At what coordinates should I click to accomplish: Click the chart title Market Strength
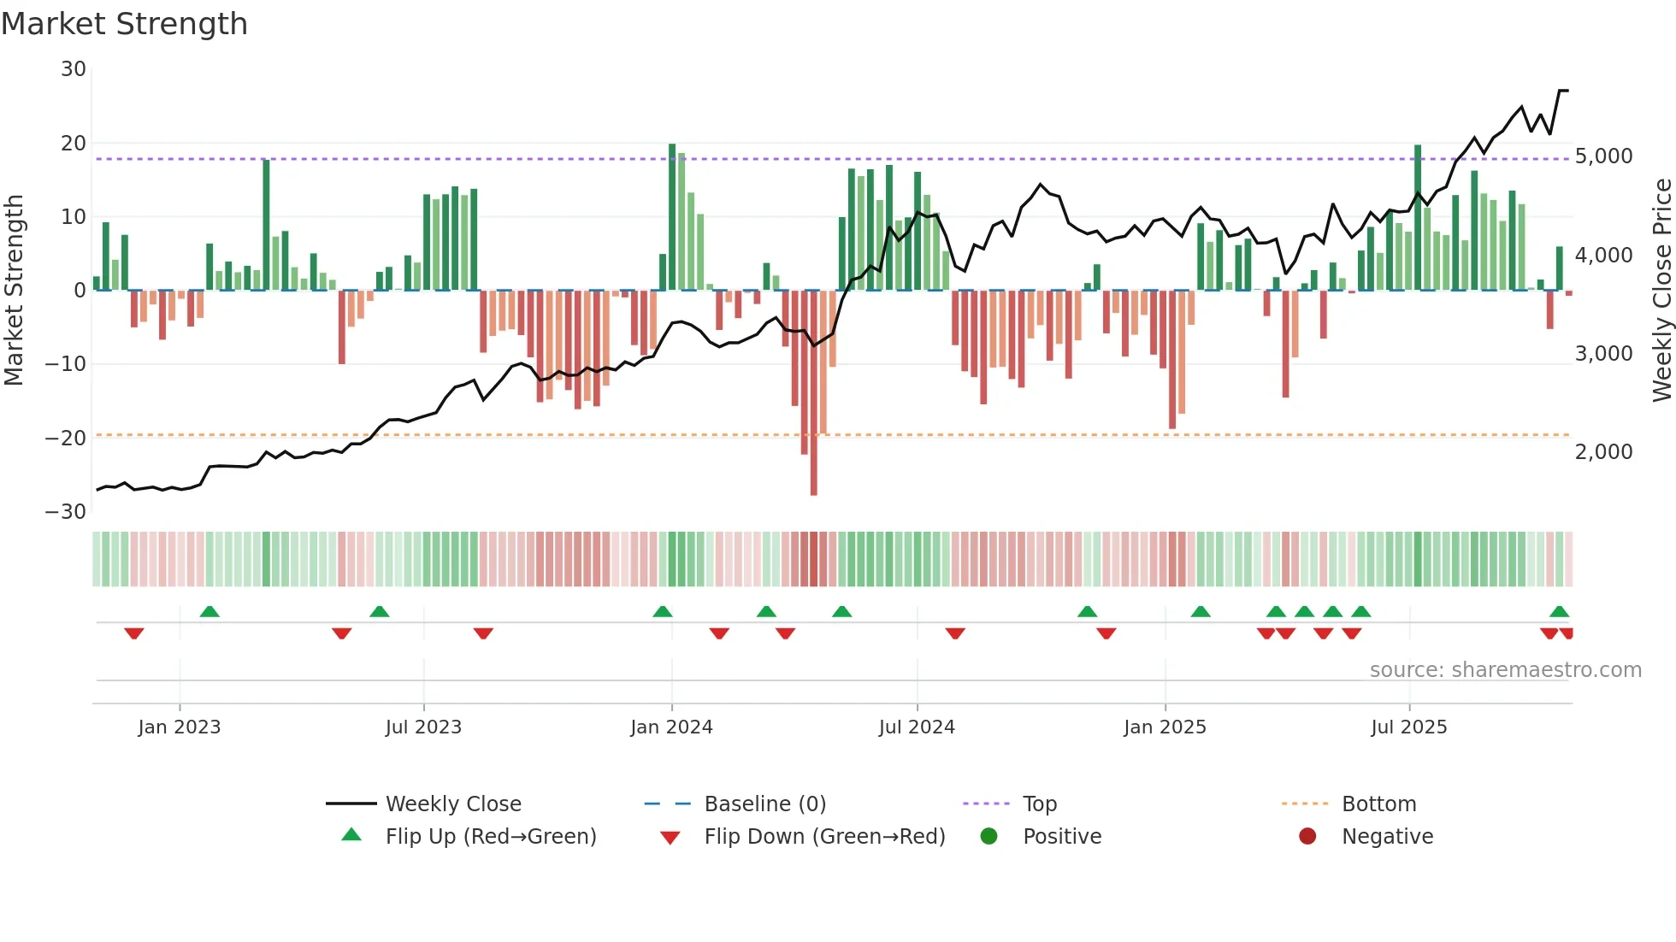[124, 24]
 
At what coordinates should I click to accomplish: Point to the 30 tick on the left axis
[74, 69]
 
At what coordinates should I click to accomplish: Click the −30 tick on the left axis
[66, 512]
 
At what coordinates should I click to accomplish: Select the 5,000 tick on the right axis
[1603, 156]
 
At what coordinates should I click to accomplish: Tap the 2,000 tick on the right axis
[1603, 452]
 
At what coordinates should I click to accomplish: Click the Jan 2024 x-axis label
[671, 727]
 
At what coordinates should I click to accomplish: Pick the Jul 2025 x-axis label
[1408, 727]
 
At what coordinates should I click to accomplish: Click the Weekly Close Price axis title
[1661, 290]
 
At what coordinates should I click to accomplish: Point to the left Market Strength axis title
[14, 290]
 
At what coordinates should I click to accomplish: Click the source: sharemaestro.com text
[1505, 670]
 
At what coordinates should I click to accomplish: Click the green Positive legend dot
[989, 837]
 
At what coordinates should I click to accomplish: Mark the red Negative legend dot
[1307, 837]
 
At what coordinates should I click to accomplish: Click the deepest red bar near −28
[813, 393]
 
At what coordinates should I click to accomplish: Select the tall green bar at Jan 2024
[672, 217]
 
